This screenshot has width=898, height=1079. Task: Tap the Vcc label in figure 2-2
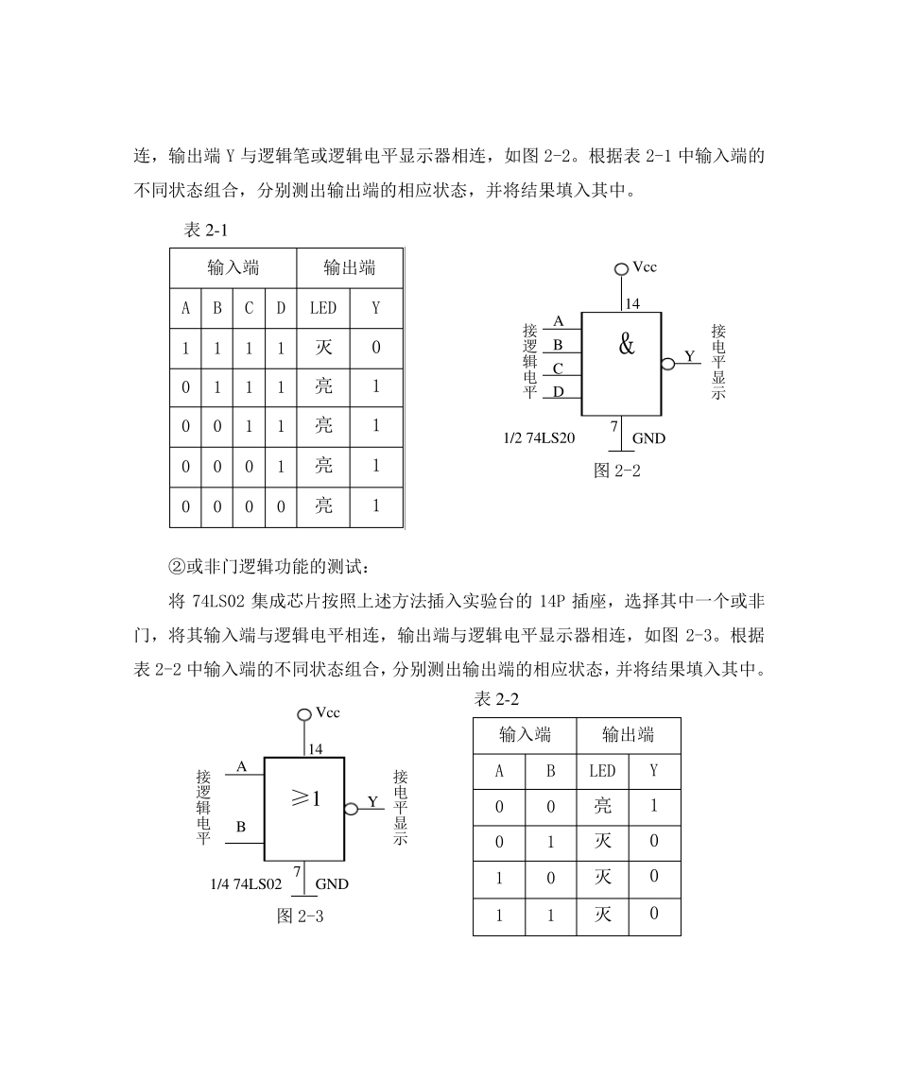[x=645, y=267]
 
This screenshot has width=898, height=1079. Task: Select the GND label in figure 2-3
[x=332, y=884]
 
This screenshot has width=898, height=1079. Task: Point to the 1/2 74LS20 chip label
[x=540, y=437]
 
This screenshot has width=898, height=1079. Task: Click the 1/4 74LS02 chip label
[x=246, y=884]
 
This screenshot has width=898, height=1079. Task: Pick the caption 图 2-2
[x=616, y=471]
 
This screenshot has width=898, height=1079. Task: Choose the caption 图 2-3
[x=301, y=916]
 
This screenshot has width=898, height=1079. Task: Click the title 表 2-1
[x=206, y=231]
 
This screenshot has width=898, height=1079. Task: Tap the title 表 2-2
[x=496, y=699]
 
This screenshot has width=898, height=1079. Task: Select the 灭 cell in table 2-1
[x=323, y=348]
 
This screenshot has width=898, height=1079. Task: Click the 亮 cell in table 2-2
[x=602, y=806]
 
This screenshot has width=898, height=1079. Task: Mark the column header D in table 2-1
[x=280, y=308]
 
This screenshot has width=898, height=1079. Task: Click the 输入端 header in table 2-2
[x=525, y=734]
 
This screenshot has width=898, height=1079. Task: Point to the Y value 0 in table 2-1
[x=376, y=348]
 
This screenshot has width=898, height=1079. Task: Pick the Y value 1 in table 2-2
[x=653, y=806]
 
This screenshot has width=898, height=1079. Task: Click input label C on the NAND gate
[x=558, y=368]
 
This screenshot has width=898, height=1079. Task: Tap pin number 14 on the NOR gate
[x=315, y=748]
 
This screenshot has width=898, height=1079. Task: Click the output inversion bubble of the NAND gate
[x=667, y=364]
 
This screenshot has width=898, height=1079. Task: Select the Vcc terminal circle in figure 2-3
[x=304, y=715]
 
